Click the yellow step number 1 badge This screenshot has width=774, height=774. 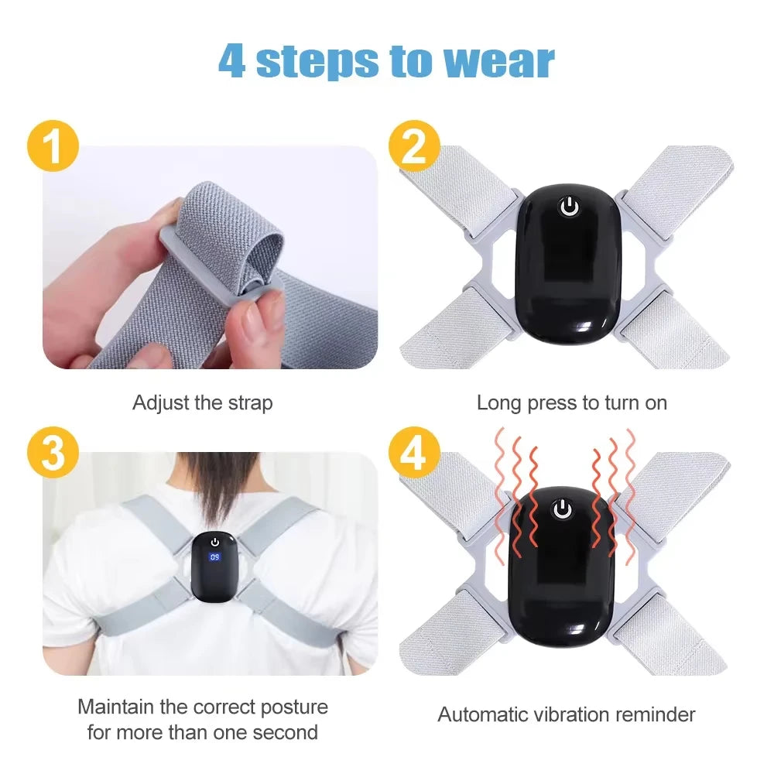point(53,147)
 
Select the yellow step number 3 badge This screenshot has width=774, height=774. point(53,454)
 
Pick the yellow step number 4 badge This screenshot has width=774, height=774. point(414,454)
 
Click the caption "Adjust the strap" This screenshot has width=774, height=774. point(202,403)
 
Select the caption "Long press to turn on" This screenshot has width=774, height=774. point(571,403)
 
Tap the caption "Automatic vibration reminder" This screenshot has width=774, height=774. point(567,714)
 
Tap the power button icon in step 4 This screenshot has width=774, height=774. point(563,509)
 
